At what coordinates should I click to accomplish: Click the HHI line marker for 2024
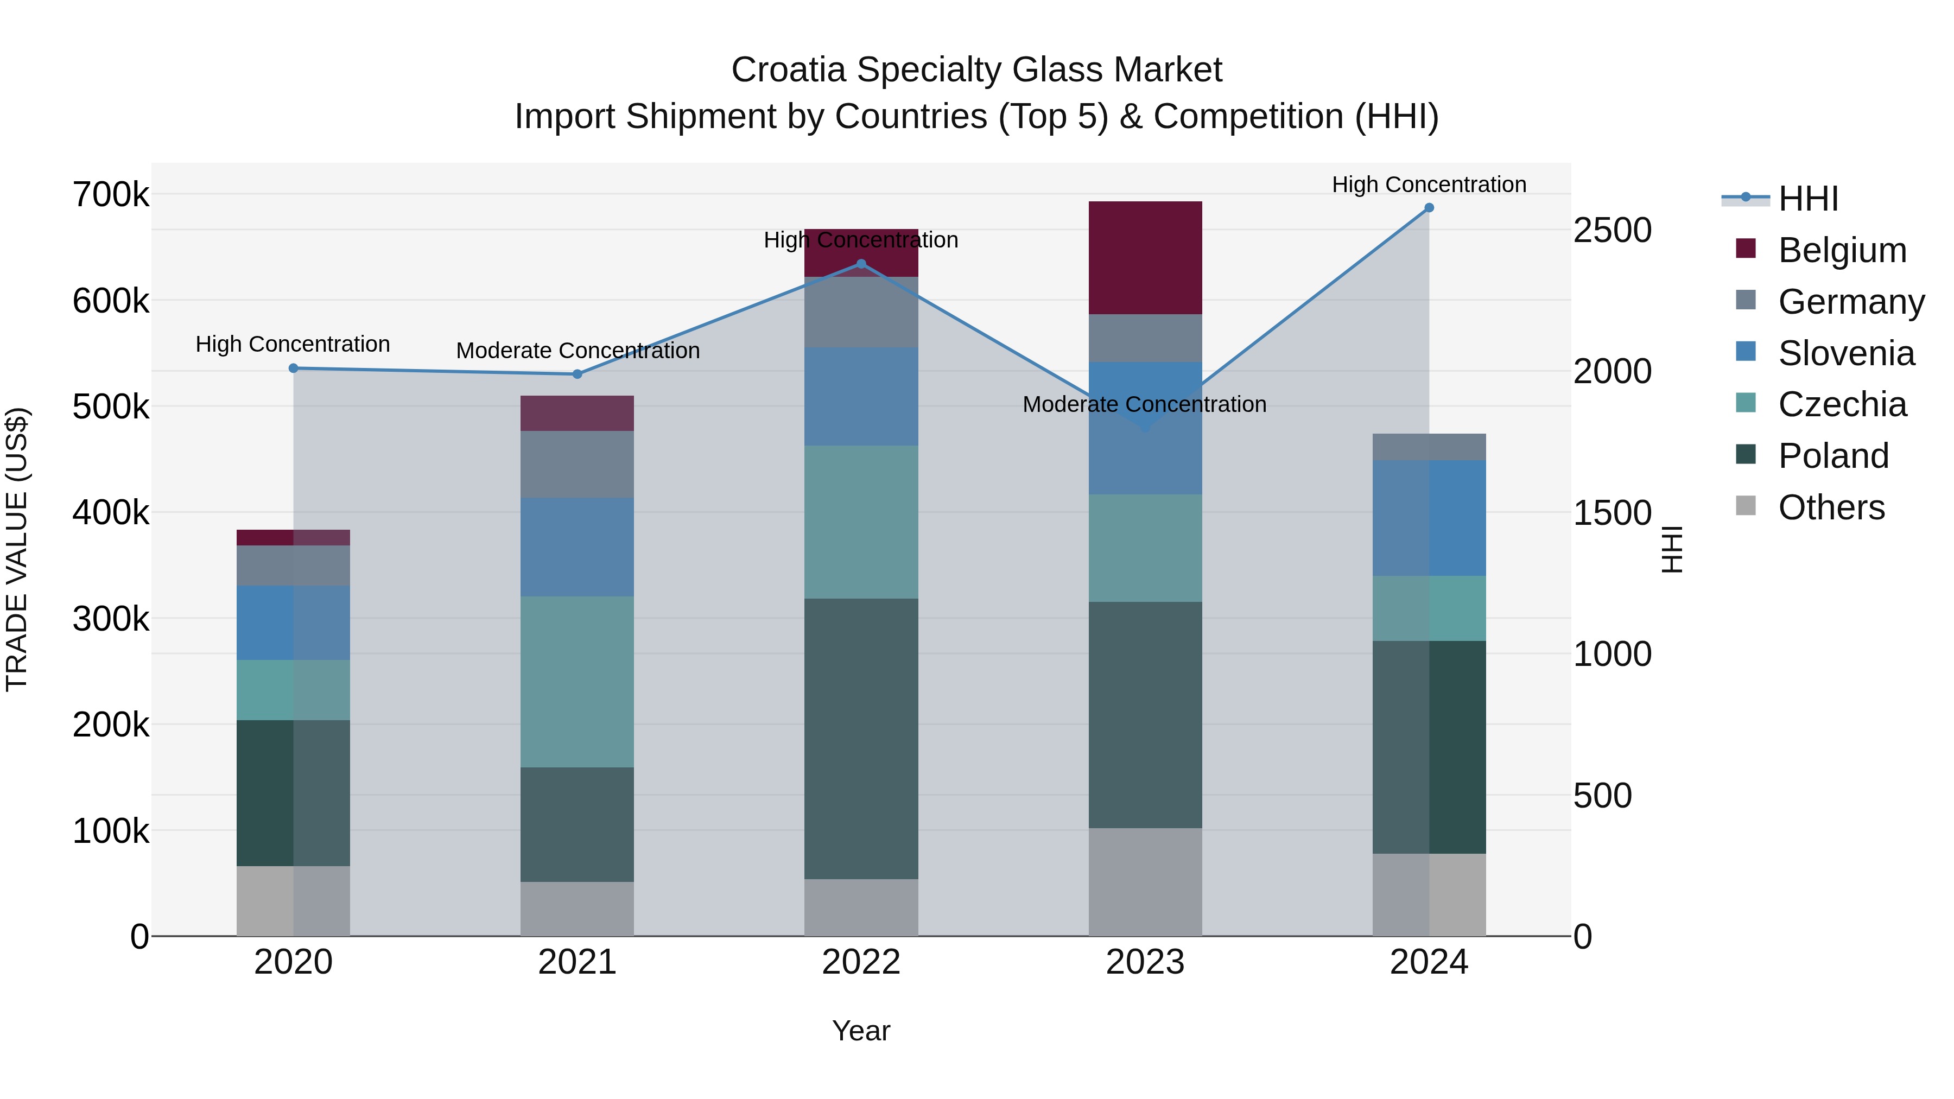coord(1429,208)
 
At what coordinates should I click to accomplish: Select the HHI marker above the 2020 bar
coord(294,369)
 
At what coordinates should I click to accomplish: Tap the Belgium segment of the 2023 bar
coord(1145,258)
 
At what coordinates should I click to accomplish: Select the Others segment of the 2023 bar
coord(1145,881)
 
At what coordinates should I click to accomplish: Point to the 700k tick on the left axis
coord(111,195)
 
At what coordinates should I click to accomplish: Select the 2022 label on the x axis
coord(861,962)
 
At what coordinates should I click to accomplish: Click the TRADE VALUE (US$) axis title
coord(17,549)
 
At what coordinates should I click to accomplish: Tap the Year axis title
coord(861,1031)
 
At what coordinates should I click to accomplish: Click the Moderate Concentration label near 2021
coord(578,351)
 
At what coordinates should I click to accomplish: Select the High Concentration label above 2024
coord(1429,185)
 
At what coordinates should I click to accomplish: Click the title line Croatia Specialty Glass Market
coord(976,70)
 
